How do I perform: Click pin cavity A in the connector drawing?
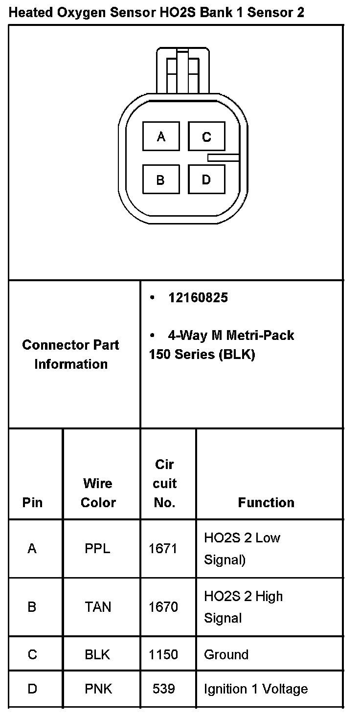pos(161,136)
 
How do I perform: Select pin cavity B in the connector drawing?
pos(161,179)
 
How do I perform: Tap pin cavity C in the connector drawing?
pos(206,136)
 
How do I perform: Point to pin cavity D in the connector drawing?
pos(206,179)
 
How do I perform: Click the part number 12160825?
pos(198,297)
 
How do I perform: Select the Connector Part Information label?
pos(71,354)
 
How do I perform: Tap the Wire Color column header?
pos(98,492)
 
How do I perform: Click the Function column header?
pos(266,502)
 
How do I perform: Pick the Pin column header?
pos(32,502)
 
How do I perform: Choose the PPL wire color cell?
pos(97,549)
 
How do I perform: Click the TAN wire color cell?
pos(98,607)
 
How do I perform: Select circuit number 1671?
pos(163,549)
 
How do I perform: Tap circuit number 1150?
pos(163,654)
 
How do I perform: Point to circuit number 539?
pos(163,689)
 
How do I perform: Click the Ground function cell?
pos(226,654)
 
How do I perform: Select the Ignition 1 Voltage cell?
pos(256,689)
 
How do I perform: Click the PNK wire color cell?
pos(98,689)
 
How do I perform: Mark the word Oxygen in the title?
pos(79,13)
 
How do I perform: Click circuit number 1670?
pos(163,607)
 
